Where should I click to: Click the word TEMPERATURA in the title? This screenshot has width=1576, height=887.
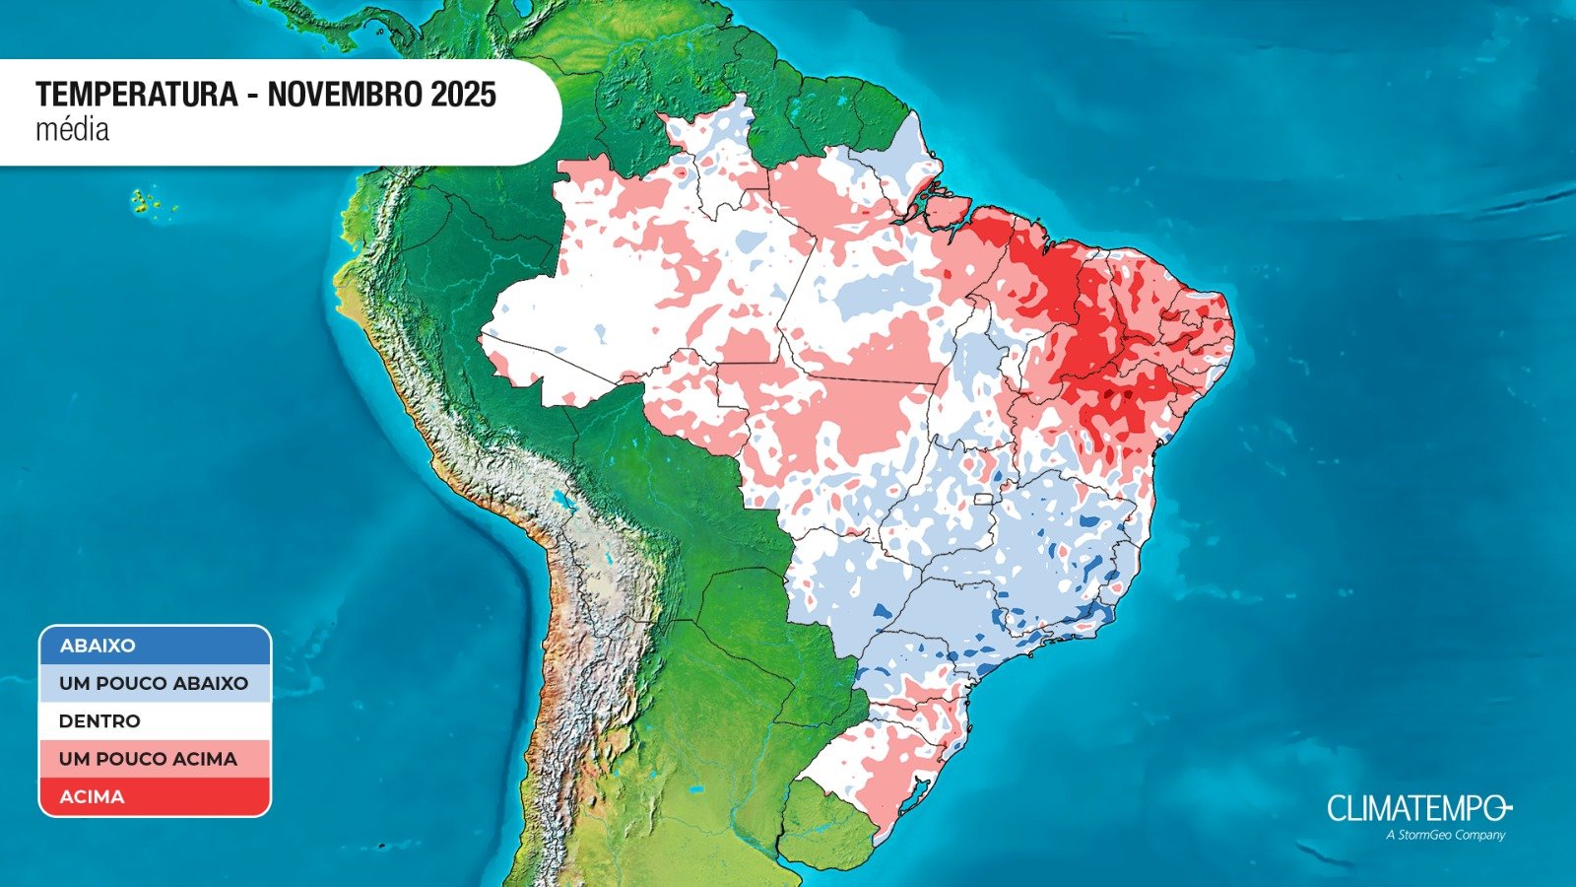137,95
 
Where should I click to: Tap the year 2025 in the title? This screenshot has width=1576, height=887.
463,95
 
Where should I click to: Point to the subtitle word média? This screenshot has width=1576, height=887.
72,129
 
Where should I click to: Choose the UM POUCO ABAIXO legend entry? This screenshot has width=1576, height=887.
155,683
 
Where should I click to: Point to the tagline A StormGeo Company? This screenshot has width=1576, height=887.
1445,835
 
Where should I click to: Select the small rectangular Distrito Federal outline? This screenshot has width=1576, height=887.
982,499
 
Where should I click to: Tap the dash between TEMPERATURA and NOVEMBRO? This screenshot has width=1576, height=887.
253,95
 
